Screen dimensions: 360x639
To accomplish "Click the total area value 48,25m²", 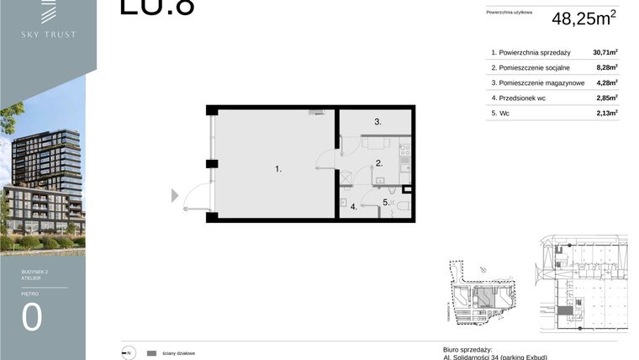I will point(584,19).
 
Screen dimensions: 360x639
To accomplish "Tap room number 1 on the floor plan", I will point(278,169).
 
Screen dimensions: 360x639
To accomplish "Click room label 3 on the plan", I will point(378,122).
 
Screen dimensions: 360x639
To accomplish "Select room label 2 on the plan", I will point(378,163).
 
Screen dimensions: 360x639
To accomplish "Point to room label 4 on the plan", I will point(354,207).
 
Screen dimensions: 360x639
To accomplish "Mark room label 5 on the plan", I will point(386,202).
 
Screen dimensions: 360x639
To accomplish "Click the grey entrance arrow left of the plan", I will point(175,196).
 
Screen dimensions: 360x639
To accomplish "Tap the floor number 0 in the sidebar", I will point(32,317).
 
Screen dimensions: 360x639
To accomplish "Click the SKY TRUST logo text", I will point(49,34).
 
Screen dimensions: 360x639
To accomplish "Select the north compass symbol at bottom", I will point(127,353).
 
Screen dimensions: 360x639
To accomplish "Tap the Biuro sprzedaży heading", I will point(467,349).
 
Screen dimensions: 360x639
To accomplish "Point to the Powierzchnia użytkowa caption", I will point(510,13).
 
